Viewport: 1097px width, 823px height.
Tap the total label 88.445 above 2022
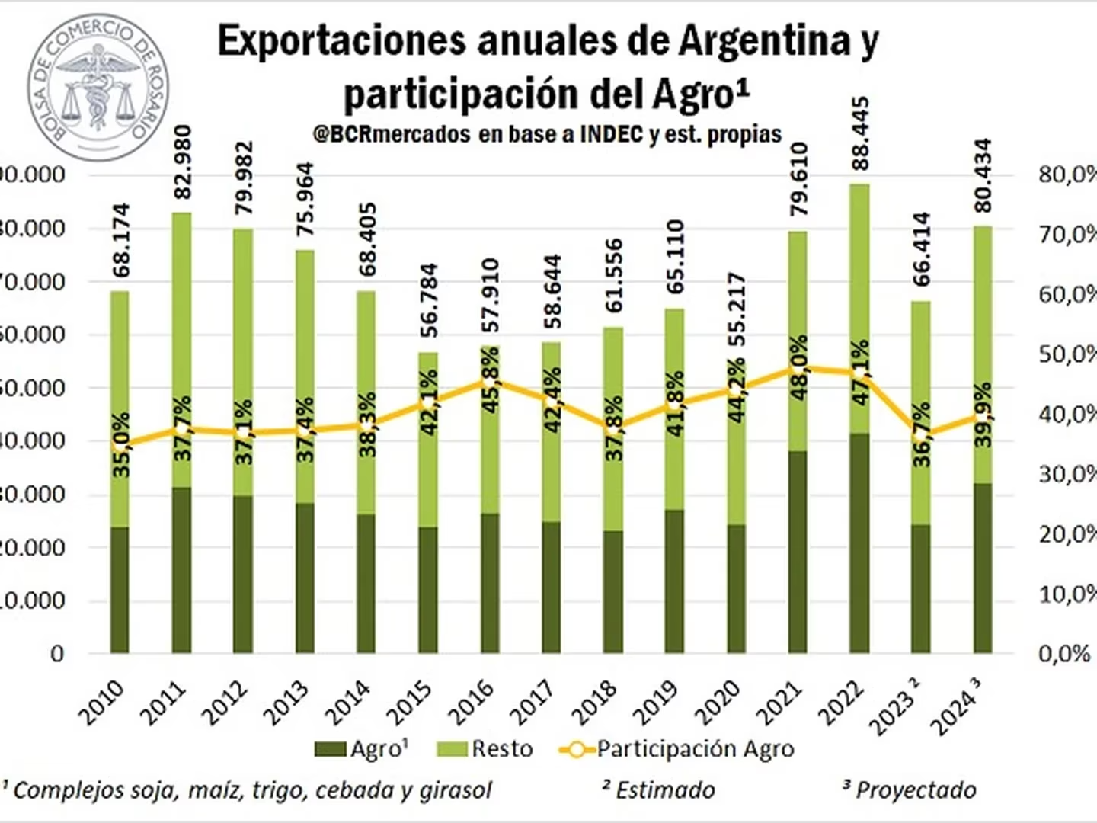tap(860, 134)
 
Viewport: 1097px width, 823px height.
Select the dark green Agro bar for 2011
tap(181, 569)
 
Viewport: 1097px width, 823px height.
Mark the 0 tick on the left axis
tap(57, 654)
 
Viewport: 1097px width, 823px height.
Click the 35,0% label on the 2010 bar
tap(121, 444)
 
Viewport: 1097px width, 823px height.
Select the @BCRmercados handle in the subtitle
tap(392, 134)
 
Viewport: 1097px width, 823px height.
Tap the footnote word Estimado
tap(664, 790)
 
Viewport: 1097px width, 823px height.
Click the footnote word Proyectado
tap(915, 790)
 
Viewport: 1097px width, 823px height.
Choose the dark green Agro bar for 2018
tap(613, 591)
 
